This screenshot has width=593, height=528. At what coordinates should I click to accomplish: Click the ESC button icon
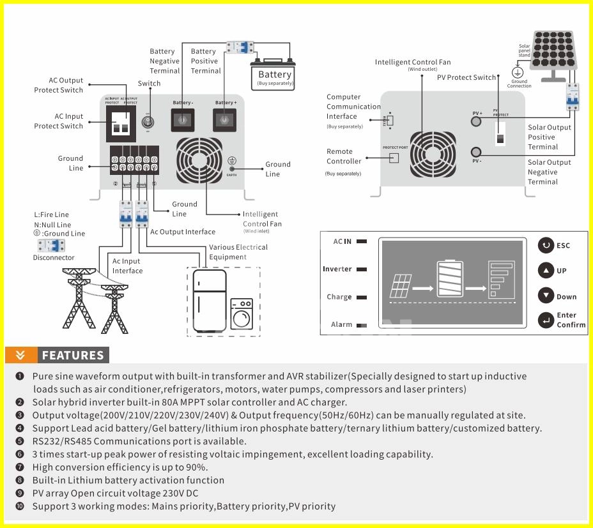546,245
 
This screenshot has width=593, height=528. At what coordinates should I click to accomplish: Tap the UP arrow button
546,270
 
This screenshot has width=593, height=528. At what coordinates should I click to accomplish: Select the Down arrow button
546,296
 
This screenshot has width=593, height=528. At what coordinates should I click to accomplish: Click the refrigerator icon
210,300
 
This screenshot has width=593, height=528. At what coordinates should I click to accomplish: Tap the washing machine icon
242,314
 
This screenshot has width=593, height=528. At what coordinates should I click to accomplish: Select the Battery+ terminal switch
226,119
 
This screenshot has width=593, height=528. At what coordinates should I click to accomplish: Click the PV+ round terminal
476,121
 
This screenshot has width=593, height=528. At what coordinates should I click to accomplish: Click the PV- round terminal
476,152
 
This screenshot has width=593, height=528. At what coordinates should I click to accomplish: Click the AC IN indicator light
362,241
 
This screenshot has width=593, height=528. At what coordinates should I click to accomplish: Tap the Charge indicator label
339,297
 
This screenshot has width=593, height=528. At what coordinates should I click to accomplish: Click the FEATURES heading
72,356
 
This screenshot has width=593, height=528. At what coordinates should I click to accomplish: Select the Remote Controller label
344,156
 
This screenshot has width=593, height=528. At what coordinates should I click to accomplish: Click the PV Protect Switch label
466,77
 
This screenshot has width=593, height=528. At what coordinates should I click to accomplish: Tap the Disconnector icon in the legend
54,246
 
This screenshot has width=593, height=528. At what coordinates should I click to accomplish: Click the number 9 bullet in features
20,493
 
